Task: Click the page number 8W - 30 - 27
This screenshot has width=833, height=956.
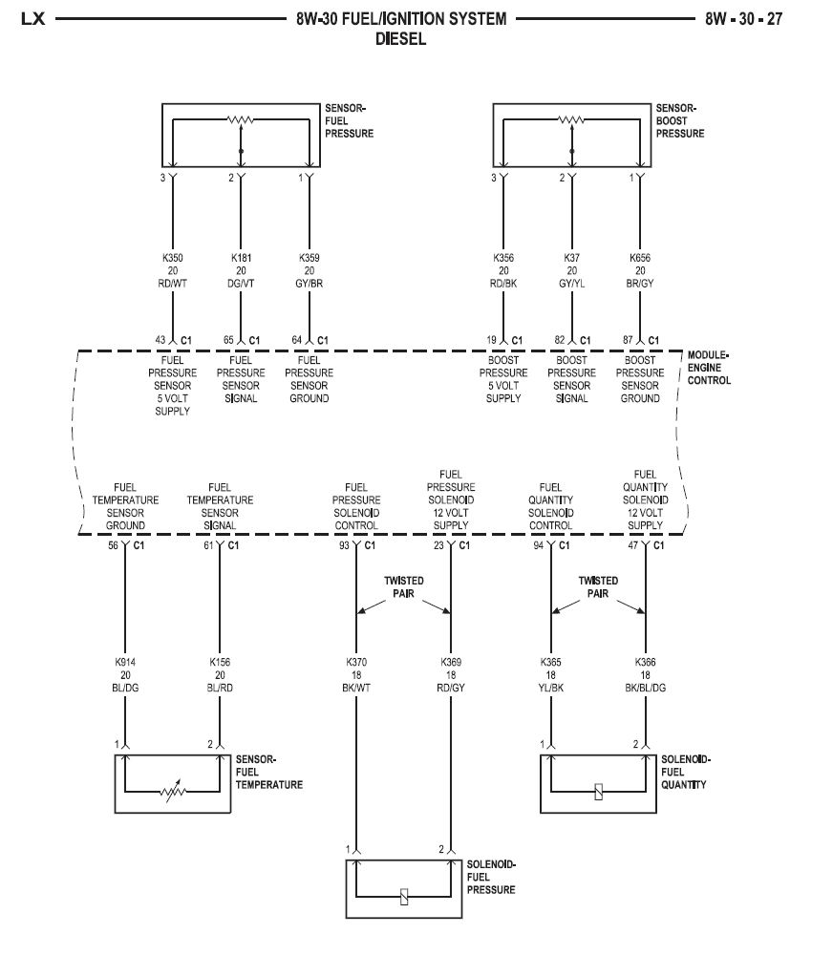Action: point(743,18)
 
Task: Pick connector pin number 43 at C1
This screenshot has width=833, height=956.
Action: point(160,339)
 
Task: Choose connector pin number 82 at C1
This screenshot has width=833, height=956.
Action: point(560,339)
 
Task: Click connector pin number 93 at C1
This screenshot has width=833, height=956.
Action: point(344,545)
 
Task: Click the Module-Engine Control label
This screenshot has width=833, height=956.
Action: point(709,367)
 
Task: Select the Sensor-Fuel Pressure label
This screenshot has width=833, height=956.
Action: point(350,121)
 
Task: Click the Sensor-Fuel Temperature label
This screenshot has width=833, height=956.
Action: point(269,773)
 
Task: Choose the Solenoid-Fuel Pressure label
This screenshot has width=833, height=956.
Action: point(491,877)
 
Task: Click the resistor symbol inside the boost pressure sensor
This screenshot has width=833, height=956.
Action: point(571,121)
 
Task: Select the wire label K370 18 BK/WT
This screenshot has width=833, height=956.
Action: point(356,673)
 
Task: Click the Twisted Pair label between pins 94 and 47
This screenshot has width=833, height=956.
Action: point(598,586)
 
